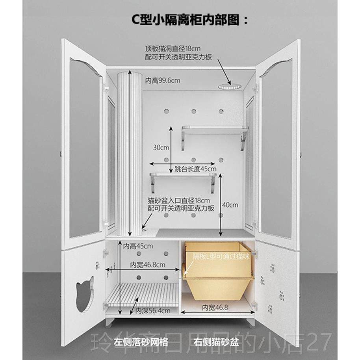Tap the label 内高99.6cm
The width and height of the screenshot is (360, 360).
[162, 81]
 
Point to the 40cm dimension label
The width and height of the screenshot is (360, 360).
[230, 205]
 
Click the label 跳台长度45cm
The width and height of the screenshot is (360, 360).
[195, 169]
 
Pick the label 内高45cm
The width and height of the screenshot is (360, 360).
[138, 247]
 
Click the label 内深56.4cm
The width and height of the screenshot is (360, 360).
[153, 311]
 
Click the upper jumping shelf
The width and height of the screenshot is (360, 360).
[215, 129]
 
